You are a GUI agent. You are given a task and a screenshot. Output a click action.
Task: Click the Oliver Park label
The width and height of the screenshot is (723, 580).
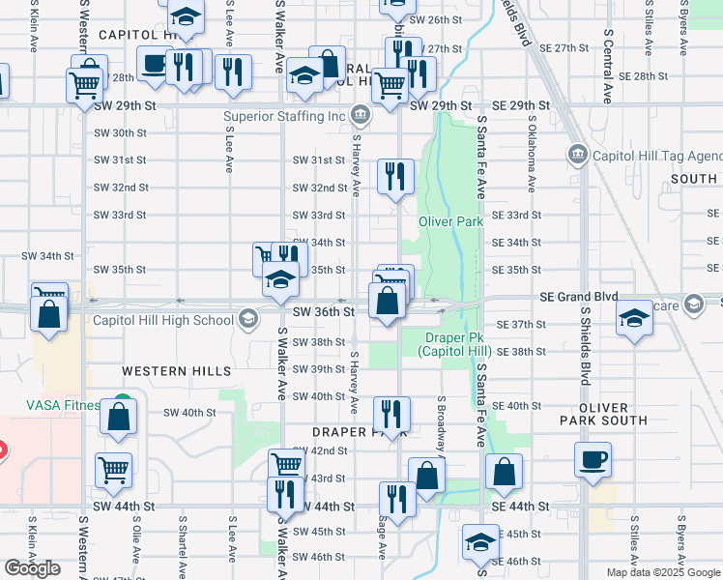tap(450, 221)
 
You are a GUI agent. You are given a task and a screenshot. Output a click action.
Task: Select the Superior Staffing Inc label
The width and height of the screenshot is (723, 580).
tap(284, 117)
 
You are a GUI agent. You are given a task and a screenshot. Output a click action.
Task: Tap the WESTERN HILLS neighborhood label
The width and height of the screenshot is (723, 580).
tap(176, 371)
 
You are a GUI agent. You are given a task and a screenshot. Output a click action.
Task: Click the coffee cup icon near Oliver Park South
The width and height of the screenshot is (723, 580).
tap(593, 458)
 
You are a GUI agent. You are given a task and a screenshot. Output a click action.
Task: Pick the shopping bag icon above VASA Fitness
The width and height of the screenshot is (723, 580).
tap(47, 314)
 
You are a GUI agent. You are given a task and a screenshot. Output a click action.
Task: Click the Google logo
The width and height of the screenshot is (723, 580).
tap(32, 568)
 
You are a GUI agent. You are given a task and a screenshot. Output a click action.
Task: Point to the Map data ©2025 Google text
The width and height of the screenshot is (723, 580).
tap(663, 572)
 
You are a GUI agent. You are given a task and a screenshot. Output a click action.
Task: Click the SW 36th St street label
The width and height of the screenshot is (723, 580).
tap(318, 312)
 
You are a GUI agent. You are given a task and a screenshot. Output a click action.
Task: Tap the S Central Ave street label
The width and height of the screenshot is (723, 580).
tap(608, 67)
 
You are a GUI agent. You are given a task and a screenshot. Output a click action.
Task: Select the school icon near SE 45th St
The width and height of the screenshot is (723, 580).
tap(480, 541)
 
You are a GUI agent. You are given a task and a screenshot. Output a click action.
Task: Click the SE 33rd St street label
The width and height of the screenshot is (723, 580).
tap(516, 216)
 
